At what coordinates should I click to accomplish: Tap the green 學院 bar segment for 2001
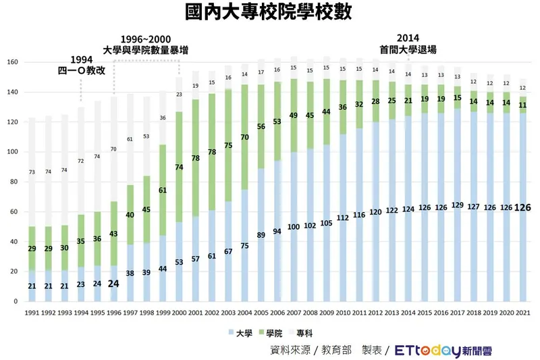[196, 158]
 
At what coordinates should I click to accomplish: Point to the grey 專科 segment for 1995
[97, 157]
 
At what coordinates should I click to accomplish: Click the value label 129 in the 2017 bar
[457, 205]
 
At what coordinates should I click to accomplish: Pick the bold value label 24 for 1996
[113, 284]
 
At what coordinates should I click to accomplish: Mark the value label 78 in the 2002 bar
[212, 152]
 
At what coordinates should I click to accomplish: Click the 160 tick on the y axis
[13, 62]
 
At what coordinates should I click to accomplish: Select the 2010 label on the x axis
[343, 313]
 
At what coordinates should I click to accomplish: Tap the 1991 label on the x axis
[31, 313]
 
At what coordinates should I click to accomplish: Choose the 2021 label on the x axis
[522, 313]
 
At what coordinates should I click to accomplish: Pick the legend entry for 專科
[303, 333]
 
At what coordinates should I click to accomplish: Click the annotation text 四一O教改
[82, 70]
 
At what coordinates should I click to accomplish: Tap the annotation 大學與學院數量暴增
[145, 50]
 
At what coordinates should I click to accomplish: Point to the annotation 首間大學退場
[408, 49]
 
